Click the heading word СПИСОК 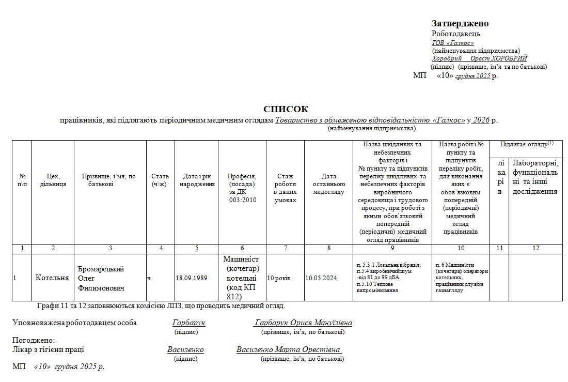[286, 109]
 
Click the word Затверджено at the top [460, 23]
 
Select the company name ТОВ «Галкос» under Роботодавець [453, 43]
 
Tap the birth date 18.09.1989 [192, 278]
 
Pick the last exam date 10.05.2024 [321, 278]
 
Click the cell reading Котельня [52, 278]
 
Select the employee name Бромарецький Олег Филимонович [101, 278]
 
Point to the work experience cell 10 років [279, 278]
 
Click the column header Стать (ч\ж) [160, 180]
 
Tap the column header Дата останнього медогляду [329, 184]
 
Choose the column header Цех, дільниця [53, 180]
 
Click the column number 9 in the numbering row [392, 248]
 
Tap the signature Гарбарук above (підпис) [189, 323]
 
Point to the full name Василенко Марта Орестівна [288, 350]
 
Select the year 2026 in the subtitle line [480, 120]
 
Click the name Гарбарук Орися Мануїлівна [303, 323]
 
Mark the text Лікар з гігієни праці [48, 350]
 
